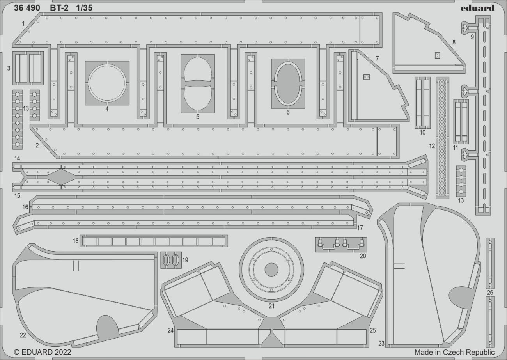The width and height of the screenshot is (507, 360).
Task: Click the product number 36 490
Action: point(27,8)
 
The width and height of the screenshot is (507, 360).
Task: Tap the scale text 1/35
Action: point(85,8)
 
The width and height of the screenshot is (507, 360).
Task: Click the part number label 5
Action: point(198,116)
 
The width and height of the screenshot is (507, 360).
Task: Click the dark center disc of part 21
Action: point(271,270)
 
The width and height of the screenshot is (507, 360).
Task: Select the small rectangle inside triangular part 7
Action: point(366,77)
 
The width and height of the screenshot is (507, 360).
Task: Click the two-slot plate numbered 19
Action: point(171,260)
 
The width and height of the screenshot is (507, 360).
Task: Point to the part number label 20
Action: point(363,256)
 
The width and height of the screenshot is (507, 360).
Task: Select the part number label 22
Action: point(23,335)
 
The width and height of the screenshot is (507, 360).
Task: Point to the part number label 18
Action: point(76,241)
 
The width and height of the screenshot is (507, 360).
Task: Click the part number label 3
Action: point(9,68)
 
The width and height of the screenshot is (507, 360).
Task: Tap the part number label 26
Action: point(490,292)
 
